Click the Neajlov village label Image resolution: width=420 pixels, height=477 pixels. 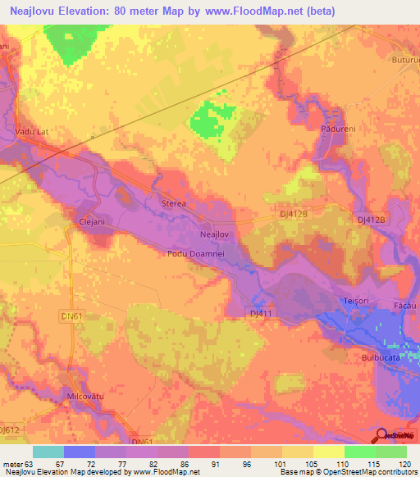[213, 234]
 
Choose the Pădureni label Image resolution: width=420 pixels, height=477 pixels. [333, 128]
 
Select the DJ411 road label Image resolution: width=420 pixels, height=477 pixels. [260, 313]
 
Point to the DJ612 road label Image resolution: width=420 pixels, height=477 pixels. [10, 429]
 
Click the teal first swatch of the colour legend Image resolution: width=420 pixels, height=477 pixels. [48, 452]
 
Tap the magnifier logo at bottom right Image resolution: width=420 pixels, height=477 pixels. [390, 435]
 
